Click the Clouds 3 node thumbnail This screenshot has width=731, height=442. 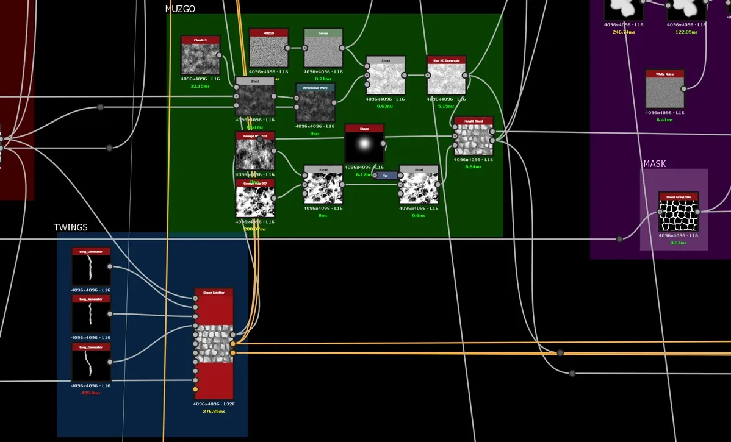pyautogui.click(x=200, y=59)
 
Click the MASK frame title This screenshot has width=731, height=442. pyautogui.click(x=655, y=164)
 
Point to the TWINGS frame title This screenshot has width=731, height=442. pyautogui.click(x=71, y=227)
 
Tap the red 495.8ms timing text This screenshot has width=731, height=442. pyautogui.click(x=91, y=393)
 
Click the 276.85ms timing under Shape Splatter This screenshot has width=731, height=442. pyautogui.click(x=214, y=412)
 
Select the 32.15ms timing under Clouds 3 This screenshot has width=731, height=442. pyautogui.click(x=200, y=86)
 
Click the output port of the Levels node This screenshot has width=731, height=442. pyautogui.click(x=342, y=48)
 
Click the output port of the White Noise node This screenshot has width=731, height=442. pyautogui.click(x=683, y=88)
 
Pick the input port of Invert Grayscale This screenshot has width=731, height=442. pyautogui.click(x=660, y=212)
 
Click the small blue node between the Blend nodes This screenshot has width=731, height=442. pyautogui.click(x=385, y=176)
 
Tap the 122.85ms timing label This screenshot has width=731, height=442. pyautogui.click(x=686, y=32)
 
